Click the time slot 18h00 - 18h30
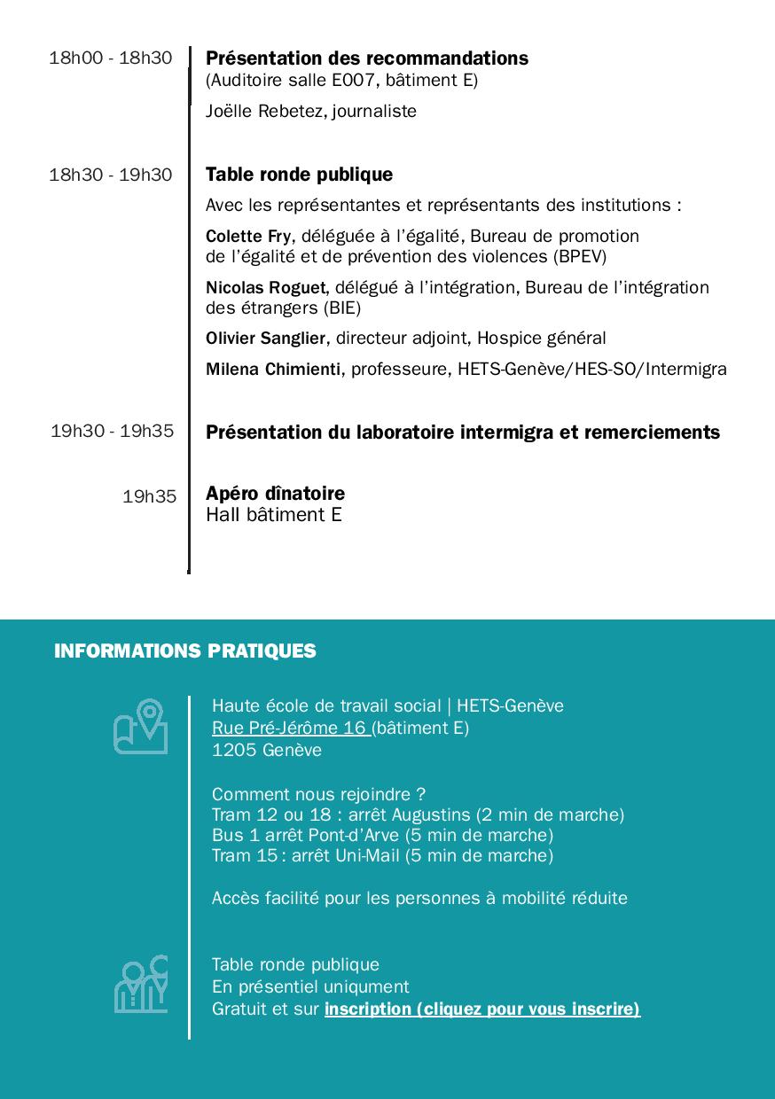(x=111, y=58)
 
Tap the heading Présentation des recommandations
(x=367, y=58)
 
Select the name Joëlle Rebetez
(x=264, y=112)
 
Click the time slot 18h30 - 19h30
(x=111, y=175)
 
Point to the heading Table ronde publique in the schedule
(x=299, y=175)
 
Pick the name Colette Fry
(x=247, y=237)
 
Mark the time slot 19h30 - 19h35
(x=112, y=432)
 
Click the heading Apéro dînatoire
(x=275, y=494)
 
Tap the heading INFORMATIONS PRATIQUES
(x=184, y=651)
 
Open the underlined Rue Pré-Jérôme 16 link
(x=290, y=729)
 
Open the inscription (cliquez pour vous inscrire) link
(x=481, y=1009)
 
